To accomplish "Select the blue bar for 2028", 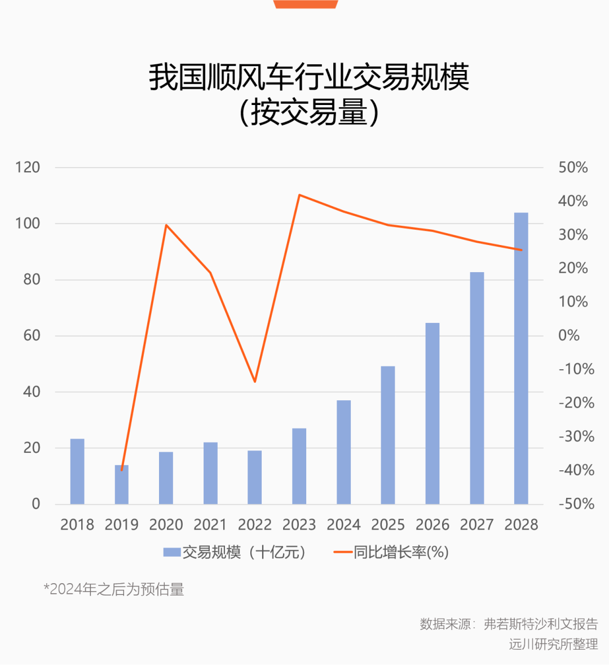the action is pyautogui.click(x=521, y=358).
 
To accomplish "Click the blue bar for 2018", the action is pyautogui.click(x=77, y=471).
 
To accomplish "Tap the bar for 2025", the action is pyautogui.click(x=388, y=435).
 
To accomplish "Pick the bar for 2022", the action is pyautogui.click(x=254, y=478).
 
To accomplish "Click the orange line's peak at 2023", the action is pyautogui.click(x=299, y=195).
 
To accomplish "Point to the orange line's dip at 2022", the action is pyautogui.click(x=254, y=382).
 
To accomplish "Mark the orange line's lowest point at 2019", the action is pyautogui.click(x=122, y=470).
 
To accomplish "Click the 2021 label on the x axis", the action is pyautogui.click(x=210, y=525).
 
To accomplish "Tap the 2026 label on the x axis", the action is pyautogui.click(x=433, y=525).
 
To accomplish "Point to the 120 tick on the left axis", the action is pyautogui.click(x=28, y=168).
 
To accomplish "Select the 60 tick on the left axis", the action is pyautogui.click(x=32, y=335).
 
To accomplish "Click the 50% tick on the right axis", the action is pyautogui.click(x=573, y=168).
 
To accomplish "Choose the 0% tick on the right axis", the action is pyautogui.click(x=569, y=335).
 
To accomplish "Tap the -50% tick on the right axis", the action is pyautogui.click(x=576, y=504).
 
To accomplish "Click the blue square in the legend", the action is pyautogui.click(x=172, y=552).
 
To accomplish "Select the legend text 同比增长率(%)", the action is pyautogui.click(x=401, y=552).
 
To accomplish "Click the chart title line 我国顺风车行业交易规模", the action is pyautogui.click(x=309, y=77).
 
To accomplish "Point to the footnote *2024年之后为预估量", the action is pyautogui.click(x=114, y=589).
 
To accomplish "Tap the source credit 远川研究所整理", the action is pyautogui.click(x=554, y=644).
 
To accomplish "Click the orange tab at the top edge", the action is pyautogui.click(x=306, y=4).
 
